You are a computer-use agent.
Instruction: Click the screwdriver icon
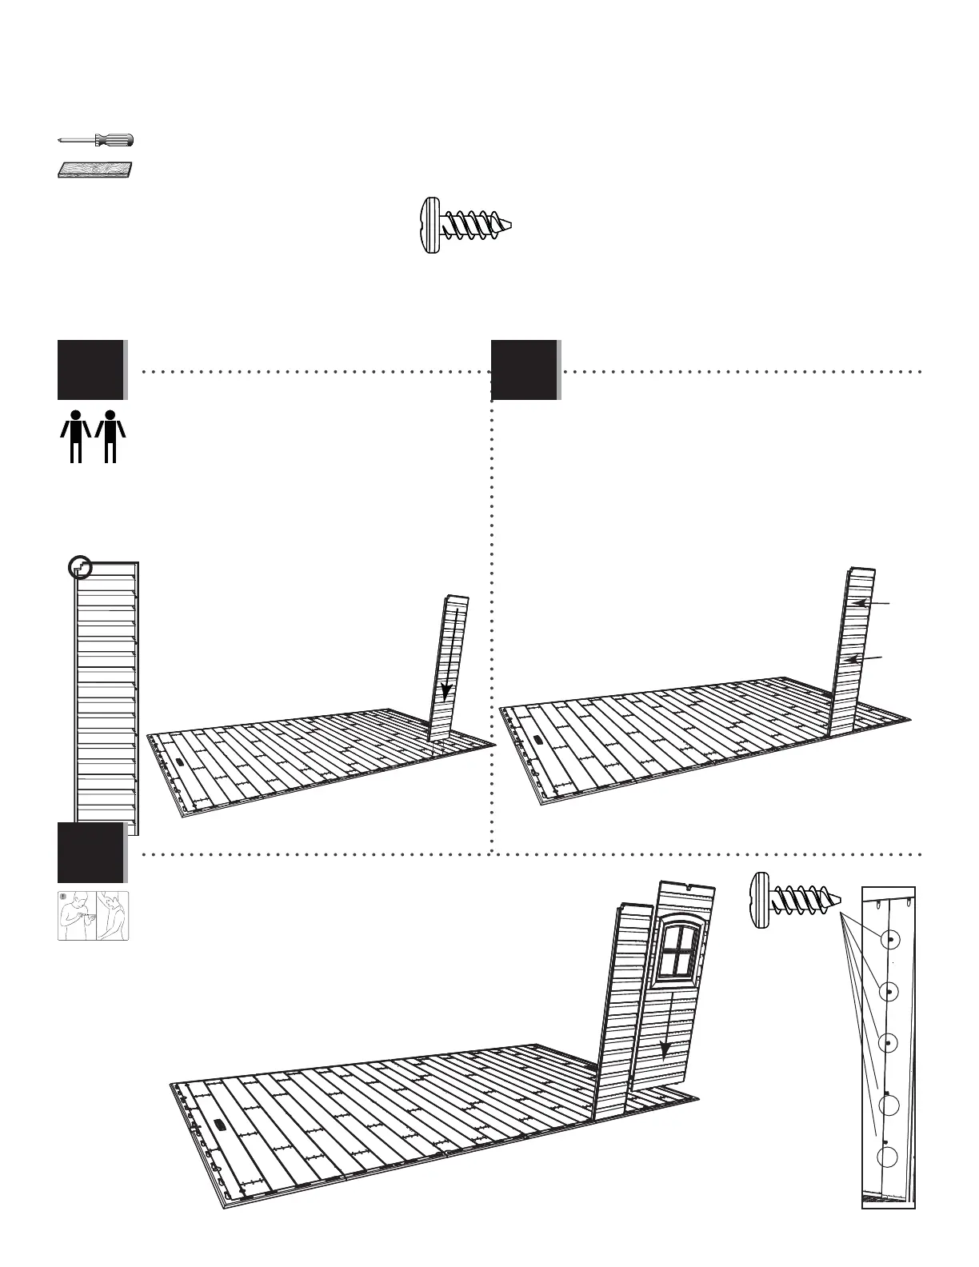click(x=96, y=140)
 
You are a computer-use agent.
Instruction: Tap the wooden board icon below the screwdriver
click(x=96, y=170)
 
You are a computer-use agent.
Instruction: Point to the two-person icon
click(x=93, y=436)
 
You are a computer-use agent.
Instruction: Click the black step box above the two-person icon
click(x=91, y=370)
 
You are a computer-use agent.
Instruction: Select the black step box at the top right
click(x=525, y=370)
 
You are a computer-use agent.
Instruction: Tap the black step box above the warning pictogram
click(x=91, y=852)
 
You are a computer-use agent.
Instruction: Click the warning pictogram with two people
click(x=93, y=915)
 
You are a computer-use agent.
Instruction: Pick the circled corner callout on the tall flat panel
click(x=79, y=568)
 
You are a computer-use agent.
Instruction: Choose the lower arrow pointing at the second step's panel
click(x=864, y=659)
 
